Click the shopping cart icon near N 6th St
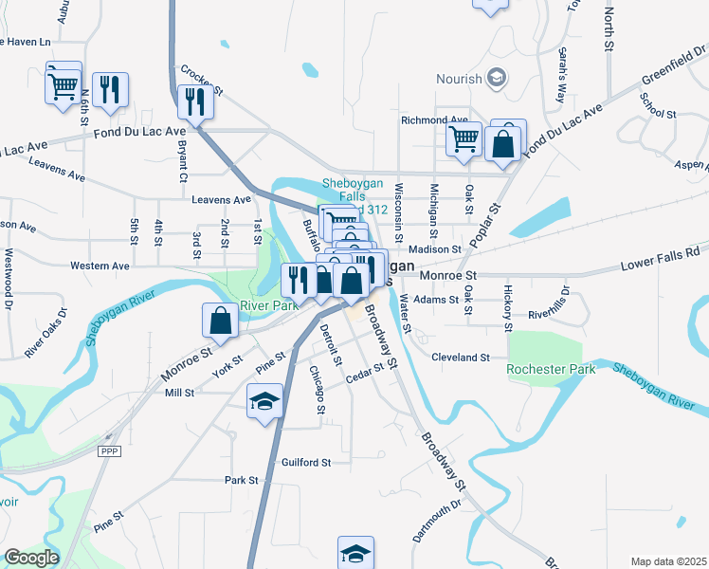click(x=64, y=84)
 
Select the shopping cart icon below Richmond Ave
click(x=464, y=139)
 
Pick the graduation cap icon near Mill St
click(x=265, y=400)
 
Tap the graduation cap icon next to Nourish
click(x=494, y=78)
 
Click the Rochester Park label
click(x=552, y=369)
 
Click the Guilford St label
click(x=306, y=463)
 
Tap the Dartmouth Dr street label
click(x=435, y=520)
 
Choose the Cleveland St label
click(x=460, y=358)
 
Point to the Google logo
click(x=31, y=558)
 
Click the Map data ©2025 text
click(x=668, y=561)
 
